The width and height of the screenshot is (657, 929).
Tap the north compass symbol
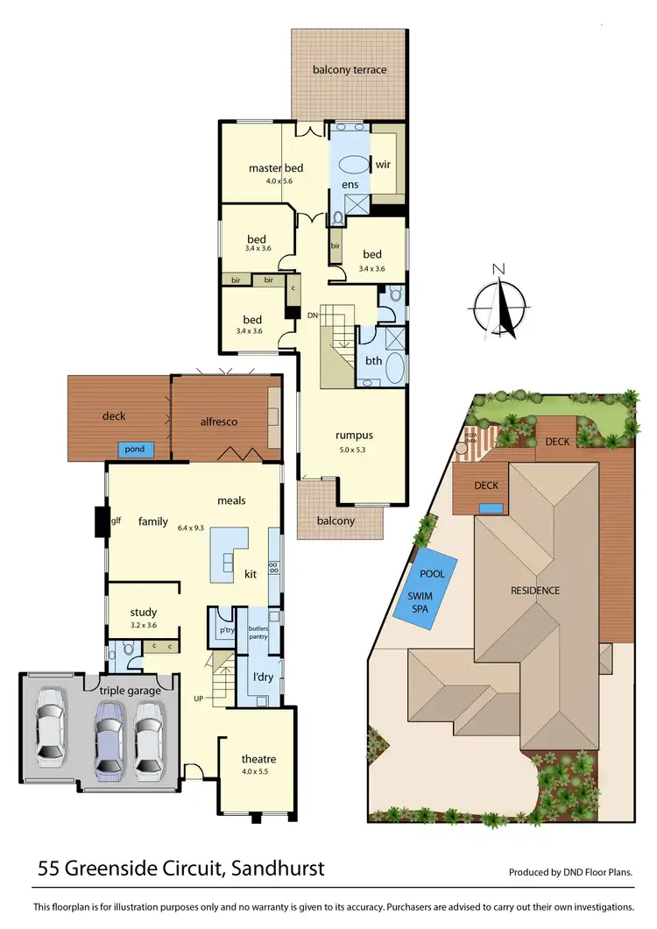pos(499,306)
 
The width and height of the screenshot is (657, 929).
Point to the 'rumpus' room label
pos(354,435)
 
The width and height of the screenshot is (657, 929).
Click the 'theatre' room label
pos(259,759)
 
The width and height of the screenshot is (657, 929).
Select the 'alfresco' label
pos(218,422)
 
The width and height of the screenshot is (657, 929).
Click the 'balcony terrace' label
pos(350,69)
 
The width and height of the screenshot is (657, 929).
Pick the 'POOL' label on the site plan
pos(433,574)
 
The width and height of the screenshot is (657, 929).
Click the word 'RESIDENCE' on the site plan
pos(535,591)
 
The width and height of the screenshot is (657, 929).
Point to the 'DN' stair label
pos(312,315)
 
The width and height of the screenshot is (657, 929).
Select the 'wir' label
pos(383,164)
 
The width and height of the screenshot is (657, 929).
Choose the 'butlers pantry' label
pos(258,635)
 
